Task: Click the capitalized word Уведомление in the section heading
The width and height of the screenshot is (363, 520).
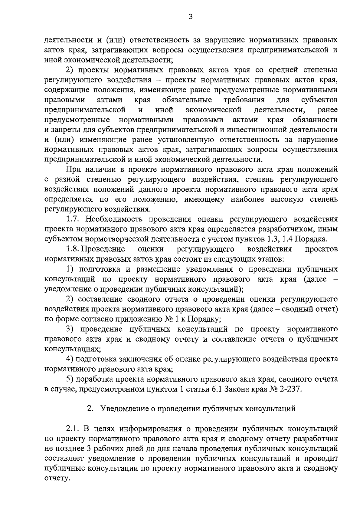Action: click(x=125, y=409)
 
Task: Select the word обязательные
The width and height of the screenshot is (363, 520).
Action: click(x=187, y=100)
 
